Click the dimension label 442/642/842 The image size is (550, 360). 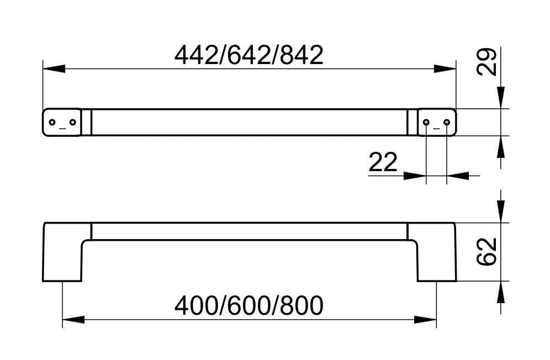coord(248,56)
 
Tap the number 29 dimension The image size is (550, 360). coord(488,62)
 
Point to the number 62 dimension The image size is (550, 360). coord(488,252)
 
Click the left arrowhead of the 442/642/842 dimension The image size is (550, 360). coord(53,69)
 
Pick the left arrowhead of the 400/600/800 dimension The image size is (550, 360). coord(72,320)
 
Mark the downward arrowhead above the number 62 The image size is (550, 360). coord(501,213)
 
